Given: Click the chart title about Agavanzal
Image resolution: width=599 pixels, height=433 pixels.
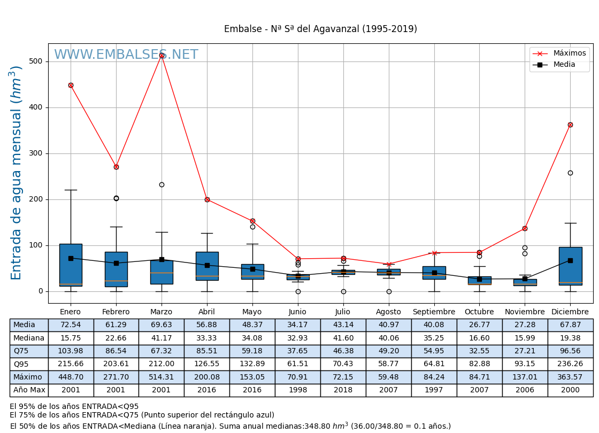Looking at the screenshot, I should coord(320,29).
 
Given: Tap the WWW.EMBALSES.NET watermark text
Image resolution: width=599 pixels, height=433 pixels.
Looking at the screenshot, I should coord(126,55).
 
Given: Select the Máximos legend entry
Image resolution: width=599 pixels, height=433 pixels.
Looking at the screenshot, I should coord(569,53).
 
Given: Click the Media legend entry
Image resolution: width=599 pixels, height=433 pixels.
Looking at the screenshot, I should coord(564,65).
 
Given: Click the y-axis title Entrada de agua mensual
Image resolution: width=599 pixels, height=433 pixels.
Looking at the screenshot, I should coord(17,173).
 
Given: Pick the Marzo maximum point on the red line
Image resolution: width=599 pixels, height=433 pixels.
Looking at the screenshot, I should coord(162,55).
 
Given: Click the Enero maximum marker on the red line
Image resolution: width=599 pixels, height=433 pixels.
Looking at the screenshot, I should coord(71,85).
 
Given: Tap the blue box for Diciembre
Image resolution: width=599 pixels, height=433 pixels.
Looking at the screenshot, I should coord(570,266).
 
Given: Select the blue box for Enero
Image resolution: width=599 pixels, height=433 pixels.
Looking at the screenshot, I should coord(71,265).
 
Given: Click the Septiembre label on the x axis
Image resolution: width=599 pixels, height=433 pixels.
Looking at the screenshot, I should coord(434,312).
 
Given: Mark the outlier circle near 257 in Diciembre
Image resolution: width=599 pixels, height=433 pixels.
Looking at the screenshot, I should coord(570,173).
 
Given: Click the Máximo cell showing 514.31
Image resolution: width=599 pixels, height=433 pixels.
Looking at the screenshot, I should coord(161,377).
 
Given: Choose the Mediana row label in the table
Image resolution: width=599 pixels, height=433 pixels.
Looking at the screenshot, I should coord(29,338).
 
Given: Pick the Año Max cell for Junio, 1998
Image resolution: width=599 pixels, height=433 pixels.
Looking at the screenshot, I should coord(297,390).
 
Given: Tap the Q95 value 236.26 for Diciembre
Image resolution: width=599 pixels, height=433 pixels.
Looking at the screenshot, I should coord(570,364).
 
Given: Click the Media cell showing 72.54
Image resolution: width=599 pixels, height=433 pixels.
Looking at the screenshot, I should coord(71,325).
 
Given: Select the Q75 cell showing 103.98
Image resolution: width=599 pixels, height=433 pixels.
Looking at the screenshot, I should coord(71,351).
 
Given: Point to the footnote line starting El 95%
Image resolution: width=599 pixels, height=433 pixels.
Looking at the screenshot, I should coord(74,407).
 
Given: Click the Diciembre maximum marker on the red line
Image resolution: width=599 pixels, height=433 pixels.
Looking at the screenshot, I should coord(570,125).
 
